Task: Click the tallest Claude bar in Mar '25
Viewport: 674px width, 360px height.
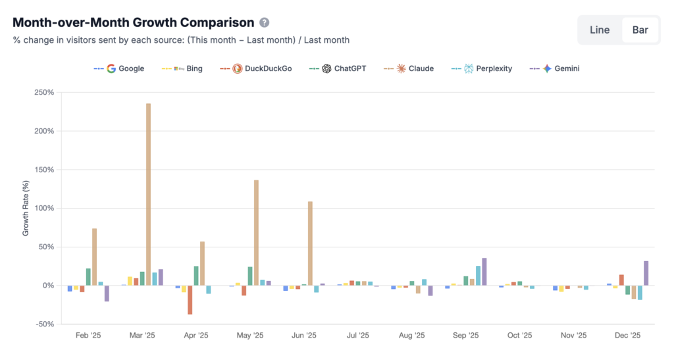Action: [x=148, y=194]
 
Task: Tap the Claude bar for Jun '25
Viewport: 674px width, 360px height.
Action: [x=310, y=244]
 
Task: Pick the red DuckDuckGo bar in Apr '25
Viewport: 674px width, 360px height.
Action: [x=190, y=299]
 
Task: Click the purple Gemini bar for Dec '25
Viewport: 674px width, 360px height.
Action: [x=646, y=273]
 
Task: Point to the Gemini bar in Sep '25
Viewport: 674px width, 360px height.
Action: [x=484, y=272]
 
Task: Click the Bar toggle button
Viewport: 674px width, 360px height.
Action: [x=640, y=30]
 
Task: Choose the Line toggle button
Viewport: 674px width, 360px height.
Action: [x=600, y=30]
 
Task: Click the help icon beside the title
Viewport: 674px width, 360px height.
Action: [x=264, y=22]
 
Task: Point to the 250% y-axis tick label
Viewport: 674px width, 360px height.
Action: [x=45, y=92]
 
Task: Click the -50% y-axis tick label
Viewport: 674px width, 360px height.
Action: [x=45, y=324]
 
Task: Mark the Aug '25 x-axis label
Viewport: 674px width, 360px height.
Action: [x=411, y=336]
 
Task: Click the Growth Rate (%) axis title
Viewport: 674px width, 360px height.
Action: [x=26, y=208]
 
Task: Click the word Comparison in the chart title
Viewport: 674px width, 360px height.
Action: [x=212, y=22]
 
